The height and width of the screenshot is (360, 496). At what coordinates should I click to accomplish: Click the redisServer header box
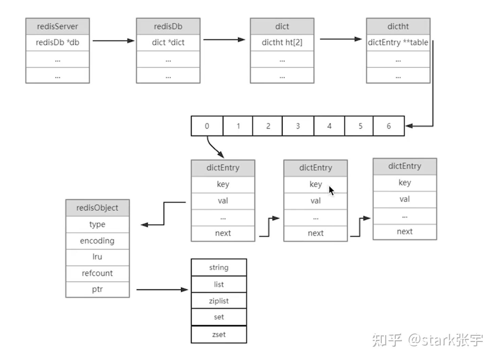tap(57, 27)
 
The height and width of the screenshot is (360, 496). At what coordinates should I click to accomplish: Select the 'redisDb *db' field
tap(57, 43)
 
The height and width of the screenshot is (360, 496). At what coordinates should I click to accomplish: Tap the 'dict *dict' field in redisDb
tap(168, 43)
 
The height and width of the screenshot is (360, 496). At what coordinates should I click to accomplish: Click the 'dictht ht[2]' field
tap(282, 43)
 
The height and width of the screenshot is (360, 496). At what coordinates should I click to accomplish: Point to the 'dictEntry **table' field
tap(398, 43)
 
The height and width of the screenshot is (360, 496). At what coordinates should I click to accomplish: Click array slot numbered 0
tap(207, 126)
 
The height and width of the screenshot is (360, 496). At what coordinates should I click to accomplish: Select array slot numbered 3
tap(298, 126)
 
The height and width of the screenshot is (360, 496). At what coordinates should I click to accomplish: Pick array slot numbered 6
tap(389, 126)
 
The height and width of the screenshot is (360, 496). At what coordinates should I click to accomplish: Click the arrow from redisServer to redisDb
tap(113, 41)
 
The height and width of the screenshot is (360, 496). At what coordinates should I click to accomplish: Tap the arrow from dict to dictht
tap(341, 39)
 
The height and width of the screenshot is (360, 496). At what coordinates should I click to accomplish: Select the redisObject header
tap(98, 208)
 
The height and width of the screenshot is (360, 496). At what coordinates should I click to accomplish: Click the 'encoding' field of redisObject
tap(98, 241)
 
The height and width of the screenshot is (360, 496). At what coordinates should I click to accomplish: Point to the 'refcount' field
tap(98, 273)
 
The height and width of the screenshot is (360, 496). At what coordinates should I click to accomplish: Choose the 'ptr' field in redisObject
tap(98, 290)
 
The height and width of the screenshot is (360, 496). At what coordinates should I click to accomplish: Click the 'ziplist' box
tap(219, 301)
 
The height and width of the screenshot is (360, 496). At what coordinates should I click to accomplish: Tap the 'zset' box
tap(219, 334)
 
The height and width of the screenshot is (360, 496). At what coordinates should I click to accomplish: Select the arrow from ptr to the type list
tap(162, 290)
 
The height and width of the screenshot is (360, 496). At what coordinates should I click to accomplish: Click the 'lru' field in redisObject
tap(98, 257)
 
